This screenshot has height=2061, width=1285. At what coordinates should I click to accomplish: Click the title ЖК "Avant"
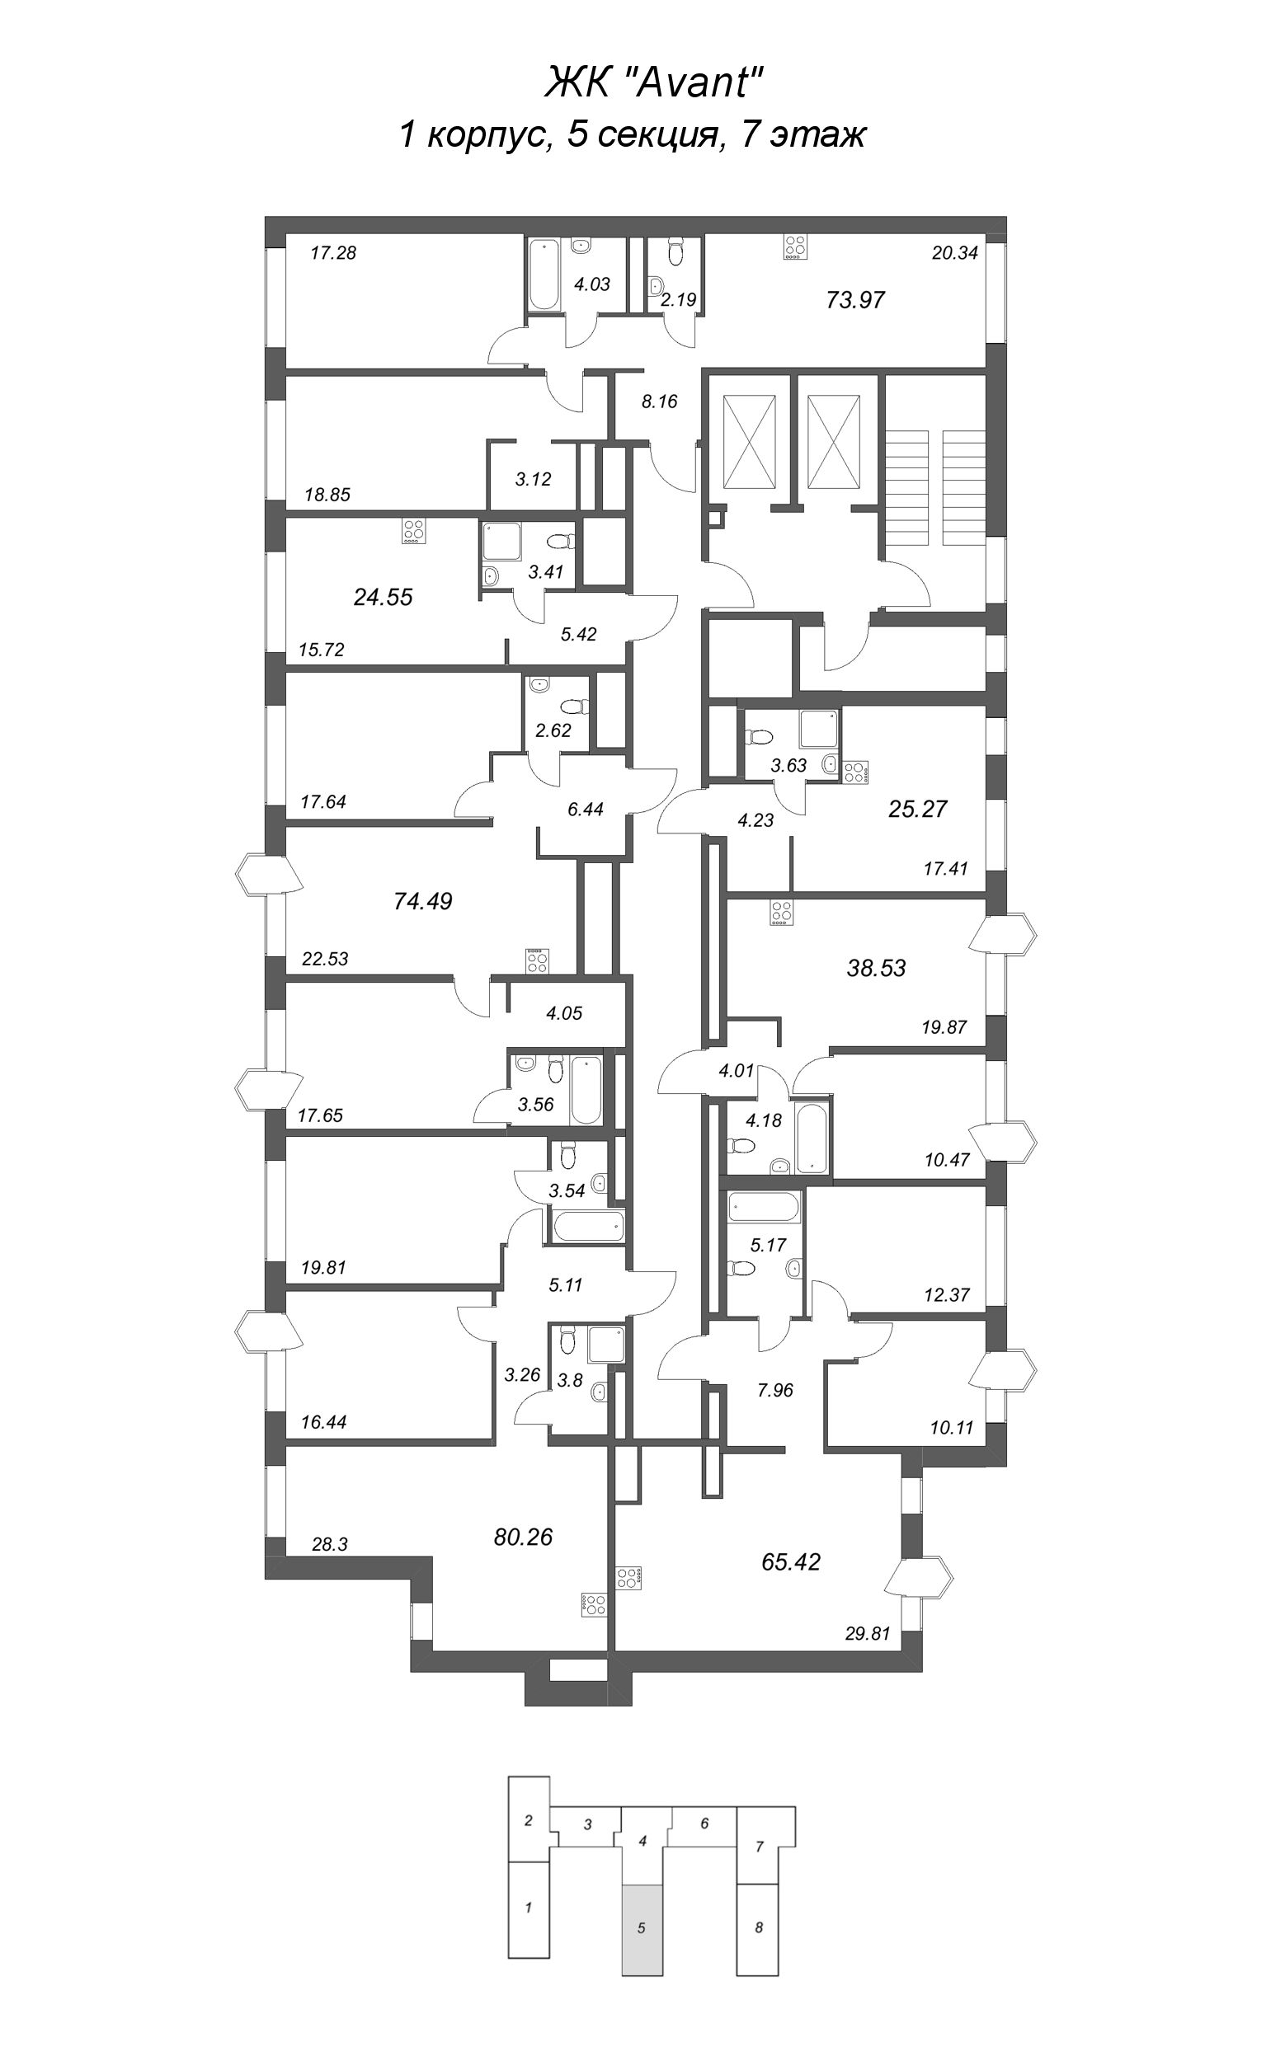coord(653,84)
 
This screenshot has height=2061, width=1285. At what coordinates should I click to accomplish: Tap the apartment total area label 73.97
coord(855,300)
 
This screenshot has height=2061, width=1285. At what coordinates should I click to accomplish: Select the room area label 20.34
coord(954,252)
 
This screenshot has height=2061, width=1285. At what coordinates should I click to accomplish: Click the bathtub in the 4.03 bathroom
coord(541,274)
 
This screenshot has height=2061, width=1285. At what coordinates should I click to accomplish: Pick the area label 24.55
coord(383,597)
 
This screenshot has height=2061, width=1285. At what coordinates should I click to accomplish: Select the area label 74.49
coord(422,901)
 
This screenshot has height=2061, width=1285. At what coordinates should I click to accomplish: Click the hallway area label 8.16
coord(659,401)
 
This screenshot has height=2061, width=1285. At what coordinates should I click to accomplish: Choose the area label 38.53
coord(876,968)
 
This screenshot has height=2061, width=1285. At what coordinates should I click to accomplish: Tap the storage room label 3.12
coord(533,479)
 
